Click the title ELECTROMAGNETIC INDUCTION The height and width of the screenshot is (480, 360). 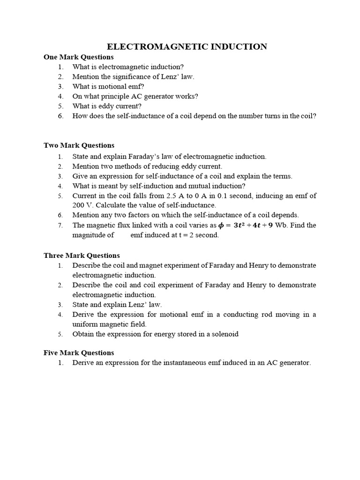tap(187, 46)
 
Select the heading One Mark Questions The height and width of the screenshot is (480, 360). tap(78, 57)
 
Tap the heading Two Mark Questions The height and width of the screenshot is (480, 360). tap(79, 145)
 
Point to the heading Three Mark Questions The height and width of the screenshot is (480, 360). tap(82, 255)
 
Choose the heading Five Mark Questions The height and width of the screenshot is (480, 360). tap(79, 352)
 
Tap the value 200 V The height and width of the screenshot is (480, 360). tap(81, 205)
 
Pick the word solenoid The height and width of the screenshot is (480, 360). tap(225, 334)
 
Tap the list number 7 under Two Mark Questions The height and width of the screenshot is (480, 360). tap(60, 225)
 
